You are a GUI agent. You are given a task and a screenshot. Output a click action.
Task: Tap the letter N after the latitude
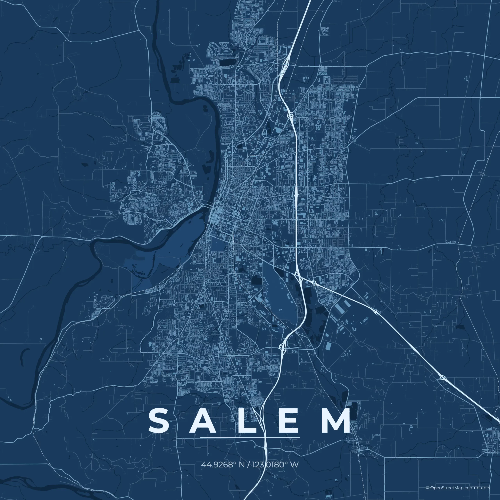click(x=242, y=464)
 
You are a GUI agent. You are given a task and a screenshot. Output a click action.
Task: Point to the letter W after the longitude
click(x=295, y=464)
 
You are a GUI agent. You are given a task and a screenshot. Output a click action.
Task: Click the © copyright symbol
click(x=427, y=488)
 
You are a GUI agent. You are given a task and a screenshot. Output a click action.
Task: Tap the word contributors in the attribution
click(x=477, y=488)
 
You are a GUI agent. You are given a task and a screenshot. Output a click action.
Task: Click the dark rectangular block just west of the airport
click(x=257, y=281)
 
